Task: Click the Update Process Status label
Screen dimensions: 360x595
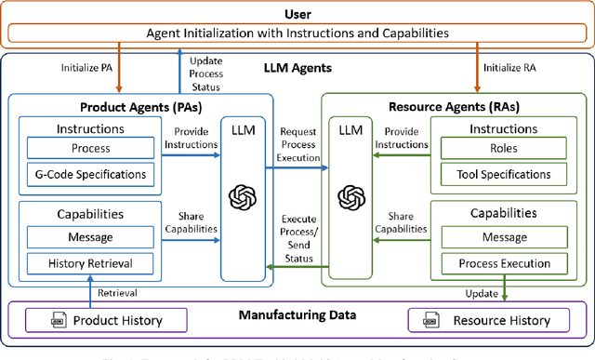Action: pos(205,73)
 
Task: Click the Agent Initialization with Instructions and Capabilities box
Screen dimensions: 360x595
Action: pos(297,32)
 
